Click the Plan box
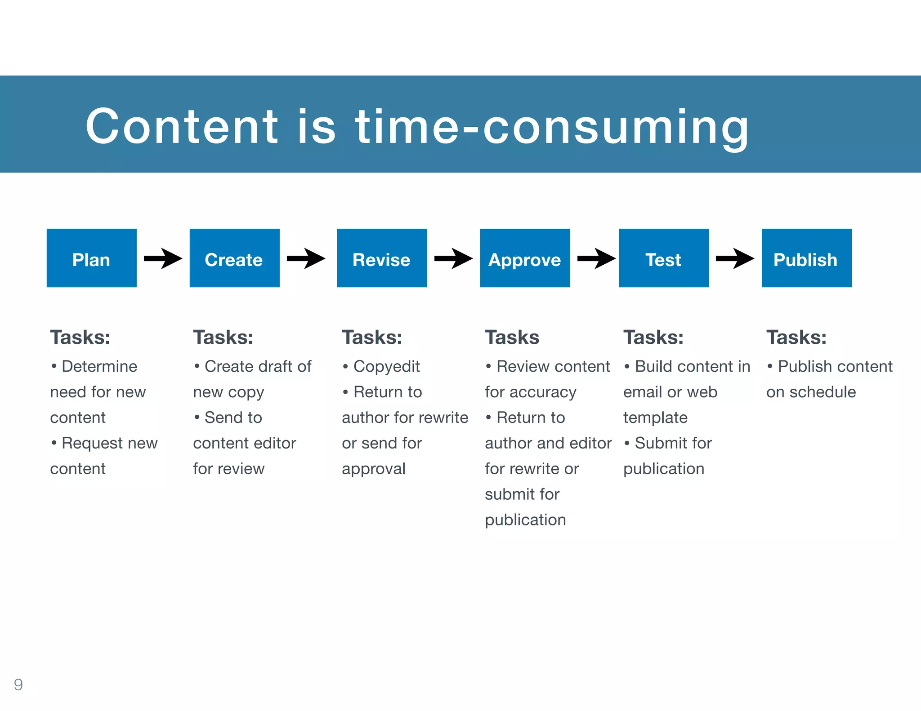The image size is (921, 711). (x=91, y=258)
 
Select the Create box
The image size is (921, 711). (x=234, y=258)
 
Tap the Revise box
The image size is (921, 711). (x=382, y=258)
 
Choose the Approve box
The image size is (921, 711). (x=525, y=258)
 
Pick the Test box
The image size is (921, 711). (x=663, y=258)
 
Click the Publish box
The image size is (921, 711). (x=806, y=258)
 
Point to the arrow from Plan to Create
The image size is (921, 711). (x=163, y=258)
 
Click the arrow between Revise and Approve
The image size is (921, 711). (x=453, y=258)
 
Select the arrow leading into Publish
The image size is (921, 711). (x=735, y=258)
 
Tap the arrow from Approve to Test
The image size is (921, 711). (x=596, y=258)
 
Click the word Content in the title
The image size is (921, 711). (x=182, y=127)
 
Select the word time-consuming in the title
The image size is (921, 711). (x=552, y=128)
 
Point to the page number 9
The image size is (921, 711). (x=18, y=684)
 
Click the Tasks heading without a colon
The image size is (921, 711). (x=512, y=338)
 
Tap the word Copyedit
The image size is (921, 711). (x=386, y=367)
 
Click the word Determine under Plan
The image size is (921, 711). (x=99, y=366)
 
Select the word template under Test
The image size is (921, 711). (x=655, y=418)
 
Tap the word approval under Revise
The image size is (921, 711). (x=373, y=469)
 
